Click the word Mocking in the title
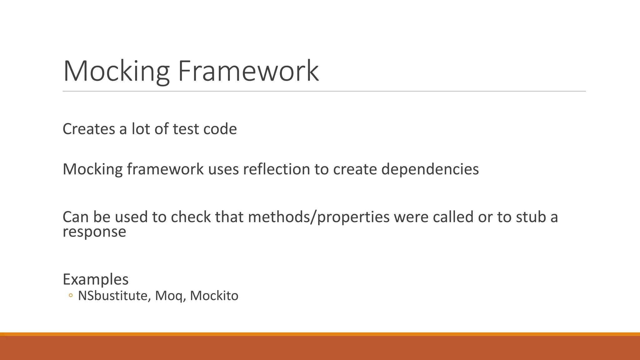click(x=116, y=71)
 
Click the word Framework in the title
click(x=248, y=71)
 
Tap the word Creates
click(x=89, y=129)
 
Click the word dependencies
click(x=430, y=169)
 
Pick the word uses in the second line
click(x=223, y=169)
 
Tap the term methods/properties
click(x=319, y=217)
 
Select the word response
click(x=94, y=232)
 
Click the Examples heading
click(x=96, y=279)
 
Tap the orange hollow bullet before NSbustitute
click(x=71, y=295)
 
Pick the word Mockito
click(x=214, y=296)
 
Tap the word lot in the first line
click(x=141, y=129)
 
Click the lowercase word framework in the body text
click(x=165, y=169)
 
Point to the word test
click(x=186, y=129)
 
